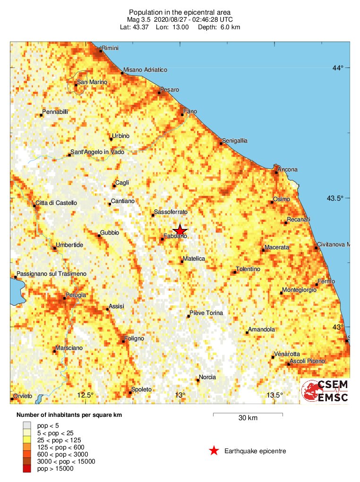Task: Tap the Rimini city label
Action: [110, 48]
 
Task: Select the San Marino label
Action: [92, 82]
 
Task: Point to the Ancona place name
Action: [288, 169]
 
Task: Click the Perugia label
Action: [76, 295]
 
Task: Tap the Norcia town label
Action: [207, 377]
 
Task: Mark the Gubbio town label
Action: [109, 233]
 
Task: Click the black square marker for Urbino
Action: [111, 139]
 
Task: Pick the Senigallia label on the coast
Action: [236, 141]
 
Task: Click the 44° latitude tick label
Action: [338, 68]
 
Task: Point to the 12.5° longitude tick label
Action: [86, 395]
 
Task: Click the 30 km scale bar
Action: [248, 415]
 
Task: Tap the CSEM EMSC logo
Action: [325, 391]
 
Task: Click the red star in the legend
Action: [214, 451]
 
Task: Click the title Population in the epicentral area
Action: [180, 12]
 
